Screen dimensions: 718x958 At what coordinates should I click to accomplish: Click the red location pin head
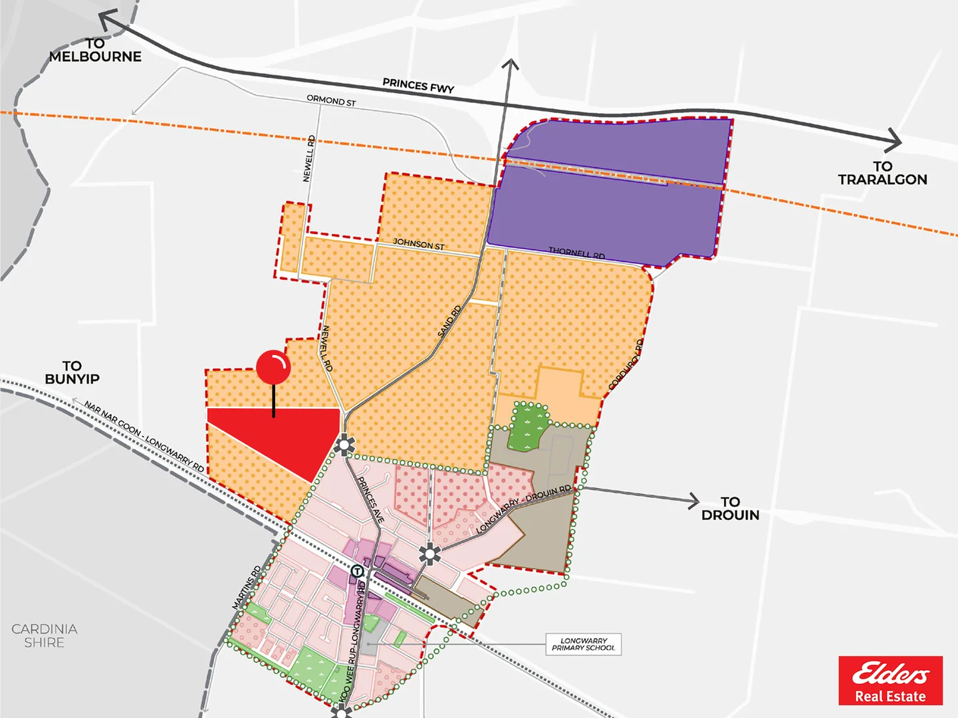pyautogui.click(x=273, y=367)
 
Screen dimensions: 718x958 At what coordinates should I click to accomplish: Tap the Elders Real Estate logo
pyautogui.click(x=890, y=680)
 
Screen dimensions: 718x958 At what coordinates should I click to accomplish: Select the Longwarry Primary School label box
pyautogui.click(x=584, y=644)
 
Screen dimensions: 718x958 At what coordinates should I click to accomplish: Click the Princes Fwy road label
pyautogui.click(x=418, y=86)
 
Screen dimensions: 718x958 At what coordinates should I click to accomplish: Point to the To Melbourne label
pyautogui.click(x=95, y=51)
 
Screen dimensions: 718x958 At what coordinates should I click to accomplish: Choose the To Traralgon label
pyautogui.click(x=882, y=173)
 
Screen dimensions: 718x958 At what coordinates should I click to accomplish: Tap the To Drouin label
pyautogui.click(x=730, y=509)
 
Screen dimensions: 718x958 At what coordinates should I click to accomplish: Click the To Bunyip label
pyautogui.click(x=72, y=372)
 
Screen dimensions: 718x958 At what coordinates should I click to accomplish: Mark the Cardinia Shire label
pyautogui.click(x=45, y=636)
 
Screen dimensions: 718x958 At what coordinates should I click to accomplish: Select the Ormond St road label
pyautogui.click(x=331, y=100)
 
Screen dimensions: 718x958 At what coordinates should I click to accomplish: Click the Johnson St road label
pyautogui.click(x=418, y=244)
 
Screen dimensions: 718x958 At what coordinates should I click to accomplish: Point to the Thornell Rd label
pyautogui.click(x=576, y=253)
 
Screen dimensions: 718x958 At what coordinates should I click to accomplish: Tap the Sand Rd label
pyautogui.click(x=449, y=321)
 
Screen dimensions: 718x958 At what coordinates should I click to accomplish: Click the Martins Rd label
pyautogui.click(x=247, y=587)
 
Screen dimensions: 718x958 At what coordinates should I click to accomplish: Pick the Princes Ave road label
pyautogui.click(x=371, y=499)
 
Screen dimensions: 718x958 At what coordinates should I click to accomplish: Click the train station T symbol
pyautogui.click(x=357, y=571)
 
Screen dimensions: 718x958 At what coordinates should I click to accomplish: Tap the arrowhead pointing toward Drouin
pyautogui.click(x=693, y=500)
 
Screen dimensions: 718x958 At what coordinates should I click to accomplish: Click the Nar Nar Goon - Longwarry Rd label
pyautogui.click(x=144, y=436)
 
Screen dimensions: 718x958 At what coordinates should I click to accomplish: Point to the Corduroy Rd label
pyautogui.click(x=626, y=364)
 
